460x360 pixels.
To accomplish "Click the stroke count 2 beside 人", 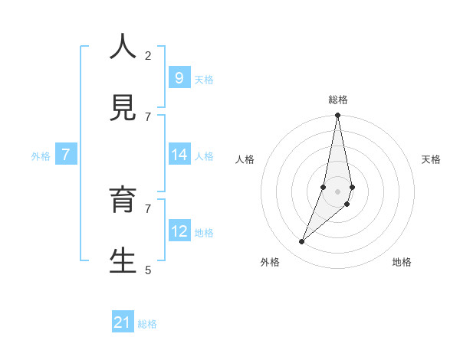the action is pos(148,56).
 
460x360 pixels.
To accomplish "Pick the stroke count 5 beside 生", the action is pos(148,270).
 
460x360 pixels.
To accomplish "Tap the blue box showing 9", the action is pos(179,78).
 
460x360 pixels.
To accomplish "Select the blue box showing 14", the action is pos(179,155).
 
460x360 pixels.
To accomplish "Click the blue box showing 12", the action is pos(179,231).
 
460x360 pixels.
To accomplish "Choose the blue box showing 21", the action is pos(123,322).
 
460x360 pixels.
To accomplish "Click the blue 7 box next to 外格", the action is pos(66,155).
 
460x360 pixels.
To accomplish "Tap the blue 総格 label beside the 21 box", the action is pos(147,324).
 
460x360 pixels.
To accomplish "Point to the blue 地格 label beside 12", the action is pos(204,233).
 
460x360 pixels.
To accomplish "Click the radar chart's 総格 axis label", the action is pos(338,100).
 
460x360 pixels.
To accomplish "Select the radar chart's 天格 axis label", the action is pos(431,159).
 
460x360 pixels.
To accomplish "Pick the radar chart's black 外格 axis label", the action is pos(270,262).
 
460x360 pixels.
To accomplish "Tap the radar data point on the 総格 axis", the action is pos(337,116).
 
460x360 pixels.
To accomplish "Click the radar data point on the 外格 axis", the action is pos(301,242).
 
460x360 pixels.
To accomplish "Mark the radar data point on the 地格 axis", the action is pos(347,204).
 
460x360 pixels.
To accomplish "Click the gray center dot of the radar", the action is pos(337,191).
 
